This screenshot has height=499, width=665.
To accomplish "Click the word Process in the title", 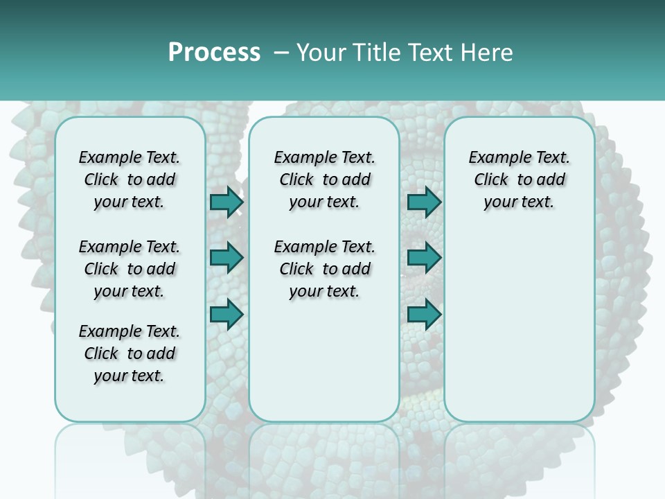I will click(x=214, y=53).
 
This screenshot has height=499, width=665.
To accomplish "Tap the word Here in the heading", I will click(x=485, y=53).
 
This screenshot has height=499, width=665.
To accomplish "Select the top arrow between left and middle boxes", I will click(x=227, y=202).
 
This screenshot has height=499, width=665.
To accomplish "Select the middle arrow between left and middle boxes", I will click(x=227, y=259).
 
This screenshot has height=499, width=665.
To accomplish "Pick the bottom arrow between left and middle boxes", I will click(x=227, y=314).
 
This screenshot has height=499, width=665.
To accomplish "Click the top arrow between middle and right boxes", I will click(x=424, y=202).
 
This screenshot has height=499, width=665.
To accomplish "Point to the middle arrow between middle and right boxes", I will click(x=424, y=259).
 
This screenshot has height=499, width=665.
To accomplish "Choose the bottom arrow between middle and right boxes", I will click(x=424, y=314).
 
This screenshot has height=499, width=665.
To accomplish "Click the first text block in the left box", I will click(x=130, y=180).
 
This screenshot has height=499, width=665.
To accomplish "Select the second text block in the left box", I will click(x=130, y=269).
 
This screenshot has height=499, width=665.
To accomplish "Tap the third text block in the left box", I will click(x=130, y=353).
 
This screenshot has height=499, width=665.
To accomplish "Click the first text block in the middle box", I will click(x=324, y=180).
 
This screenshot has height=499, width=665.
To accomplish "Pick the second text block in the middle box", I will click(x=324, y=269).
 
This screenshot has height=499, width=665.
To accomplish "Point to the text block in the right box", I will click(x=519, y=180).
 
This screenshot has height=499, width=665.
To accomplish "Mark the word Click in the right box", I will click(x=491, y=180).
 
